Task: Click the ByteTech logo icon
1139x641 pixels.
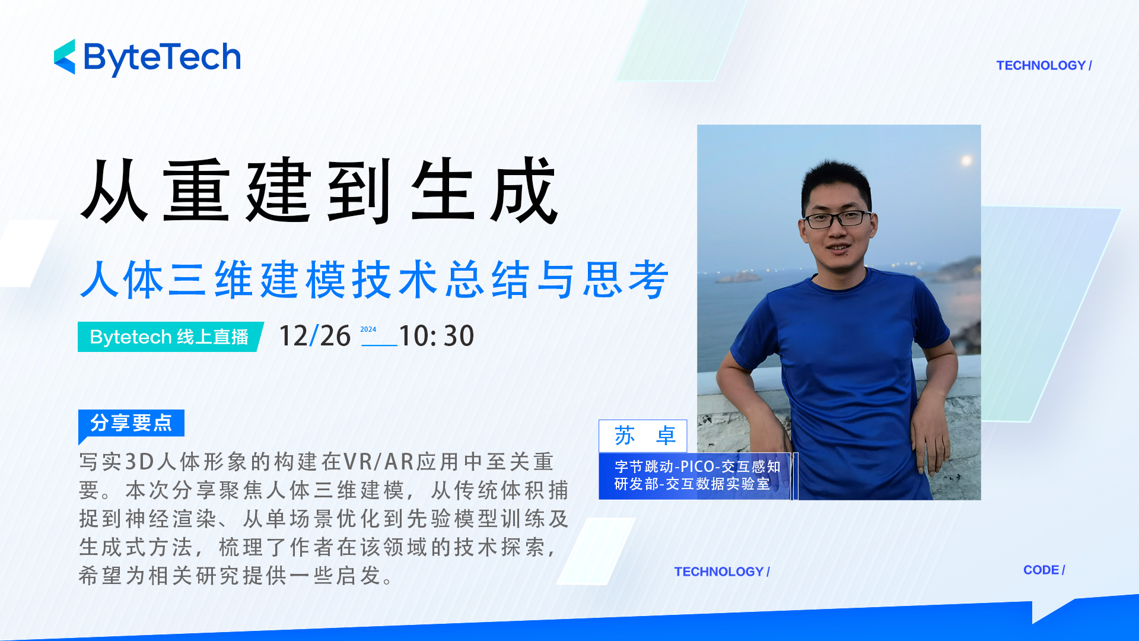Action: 65,57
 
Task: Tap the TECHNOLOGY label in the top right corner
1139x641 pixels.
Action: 1044,65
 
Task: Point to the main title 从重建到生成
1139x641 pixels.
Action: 319,191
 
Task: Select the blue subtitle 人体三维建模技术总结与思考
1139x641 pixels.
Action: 375,279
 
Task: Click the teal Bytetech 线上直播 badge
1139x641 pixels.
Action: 170,337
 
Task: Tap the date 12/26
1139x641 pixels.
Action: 315,336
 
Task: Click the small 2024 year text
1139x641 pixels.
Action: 368,329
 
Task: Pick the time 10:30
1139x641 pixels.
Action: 437,336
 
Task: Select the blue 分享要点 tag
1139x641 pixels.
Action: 131,423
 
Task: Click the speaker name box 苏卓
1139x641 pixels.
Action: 643,436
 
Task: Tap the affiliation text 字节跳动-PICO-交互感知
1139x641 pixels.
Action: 698,467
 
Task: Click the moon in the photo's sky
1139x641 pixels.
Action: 966,160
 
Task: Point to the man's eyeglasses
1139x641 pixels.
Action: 838,219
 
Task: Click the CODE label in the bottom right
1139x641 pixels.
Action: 1044,570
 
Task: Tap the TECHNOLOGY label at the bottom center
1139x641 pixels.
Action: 722,572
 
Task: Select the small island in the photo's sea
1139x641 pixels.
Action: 738,277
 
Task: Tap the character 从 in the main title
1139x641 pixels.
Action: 114,191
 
